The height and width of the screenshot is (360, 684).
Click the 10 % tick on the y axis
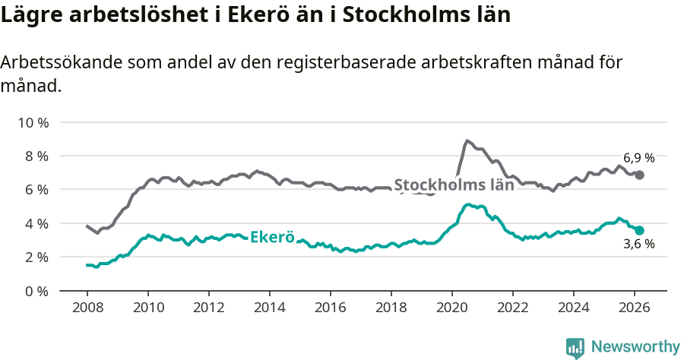point(33,122)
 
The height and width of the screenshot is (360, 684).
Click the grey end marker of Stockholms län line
point(640,175)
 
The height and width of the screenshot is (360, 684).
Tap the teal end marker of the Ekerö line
point(640,230)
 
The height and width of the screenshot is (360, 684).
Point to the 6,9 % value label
point(639,158)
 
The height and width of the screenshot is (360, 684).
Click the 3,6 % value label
point(639,245)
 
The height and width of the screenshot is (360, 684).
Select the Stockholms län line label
point(454,185)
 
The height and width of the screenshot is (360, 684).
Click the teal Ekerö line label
point(271,236)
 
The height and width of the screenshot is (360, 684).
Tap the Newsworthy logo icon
point(575,348)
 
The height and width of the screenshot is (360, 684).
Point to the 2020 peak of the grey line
point(467,141)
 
